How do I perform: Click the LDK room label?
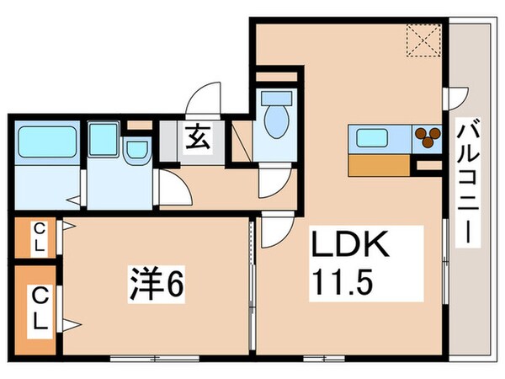pos(350,246)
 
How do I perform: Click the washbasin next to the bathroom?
pos(136,150)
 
